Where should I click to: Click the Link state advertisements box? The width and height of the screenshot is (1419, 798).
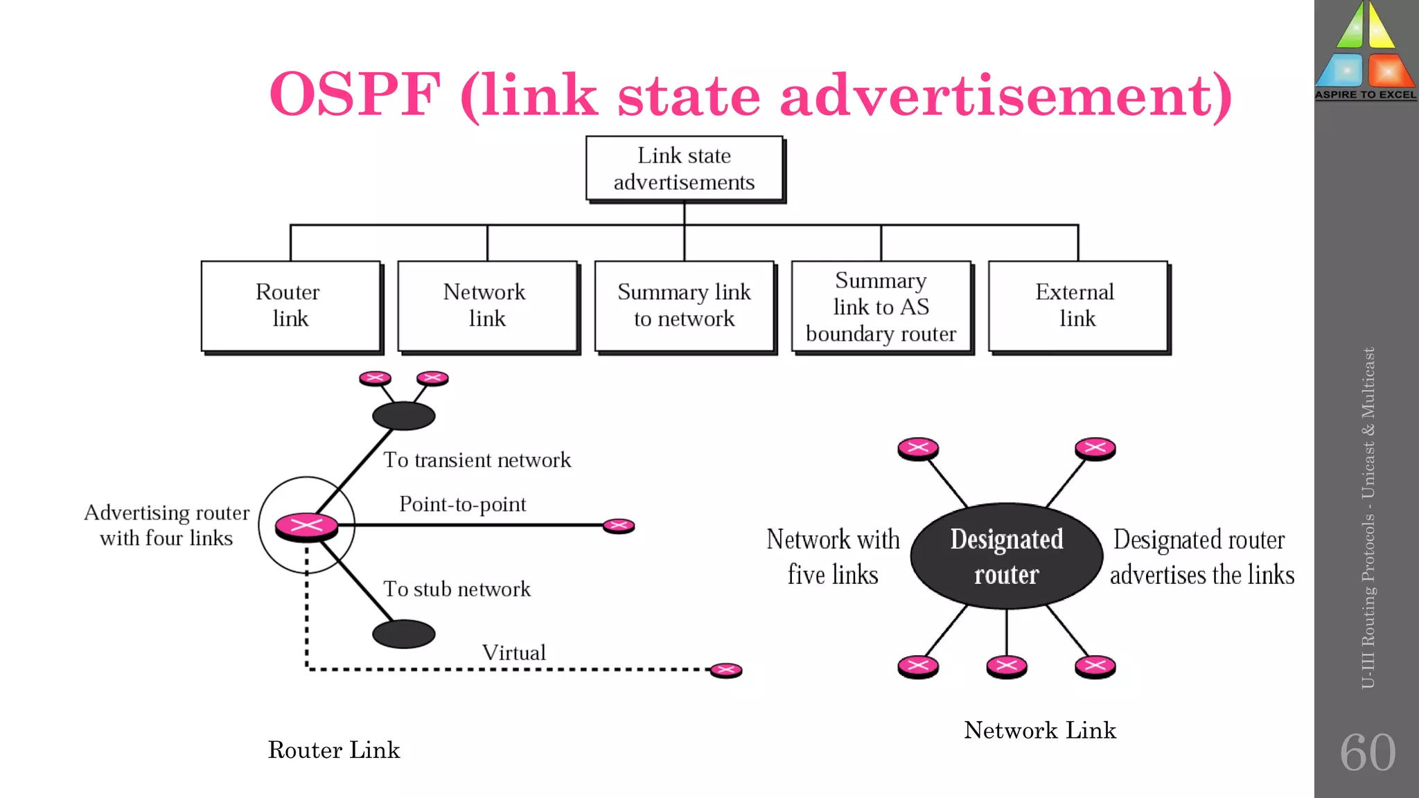[684, 168]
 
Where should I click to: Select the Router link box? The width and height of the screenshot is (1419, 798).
[290, 305]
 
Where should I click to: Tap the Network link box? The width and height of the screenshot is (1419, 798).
[487, 305]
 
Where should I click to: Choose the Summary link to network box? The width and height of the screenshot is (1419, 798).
[684, 305]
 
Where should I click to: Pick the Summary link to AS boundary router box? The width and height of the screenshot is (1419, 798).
[881, 307]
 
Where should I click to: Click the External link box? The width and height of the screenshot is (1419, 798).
[1077, 305]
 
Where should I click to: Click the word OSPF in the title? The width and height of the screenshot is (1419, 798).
[355, 95]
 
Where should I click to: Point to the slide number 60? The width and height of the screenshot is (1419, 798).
[1367, 752]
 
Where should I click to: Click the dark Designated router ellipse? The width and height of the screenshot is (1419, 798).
[1006, 556]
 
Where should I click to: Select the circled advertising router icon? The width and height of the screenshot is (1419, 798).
[306, 526]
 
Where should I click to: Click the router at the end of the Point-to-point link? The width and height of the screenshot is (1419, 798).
[618, 526]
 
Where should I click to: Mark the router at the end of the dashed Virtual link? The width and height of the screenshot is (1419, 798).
[725, 670]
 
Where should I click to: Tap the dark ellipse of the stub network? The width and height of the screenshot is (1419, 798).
[403, 634]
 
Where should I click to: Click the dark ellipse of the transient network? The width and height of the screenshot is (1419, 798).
[403, 416]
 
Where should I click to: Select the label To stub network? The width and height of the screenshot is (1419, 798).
[457, 589]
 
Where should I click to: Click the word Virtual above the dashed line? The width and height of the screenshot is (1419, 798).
[513, 653]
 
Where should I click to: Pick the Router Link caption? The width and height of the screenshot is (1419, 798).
[334, 750]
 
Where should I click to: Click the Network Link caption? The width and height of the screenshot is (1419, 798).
[1039, 730]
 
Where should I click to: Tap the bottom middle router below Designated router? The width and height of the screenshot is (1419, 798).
[1006, 666]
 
